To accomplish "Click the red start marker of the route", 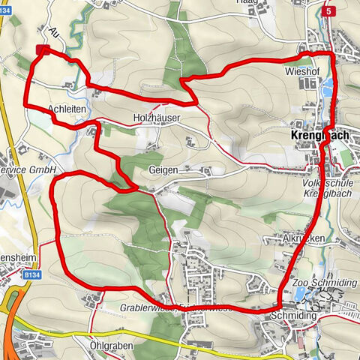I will (x=43, y=50).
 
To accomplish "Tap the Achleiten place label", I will (x=65, y=109).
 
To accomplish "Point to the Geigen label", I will (x=163, y=170).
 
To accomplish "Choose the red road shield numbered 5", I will (x=328, y=12).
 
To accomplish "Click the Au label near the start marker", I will (x=54, y=33).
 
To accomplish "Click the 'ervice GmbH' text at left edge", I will (x=28, y=171).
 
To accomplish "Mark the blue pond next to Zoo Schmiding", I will (x=301, y=294).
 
